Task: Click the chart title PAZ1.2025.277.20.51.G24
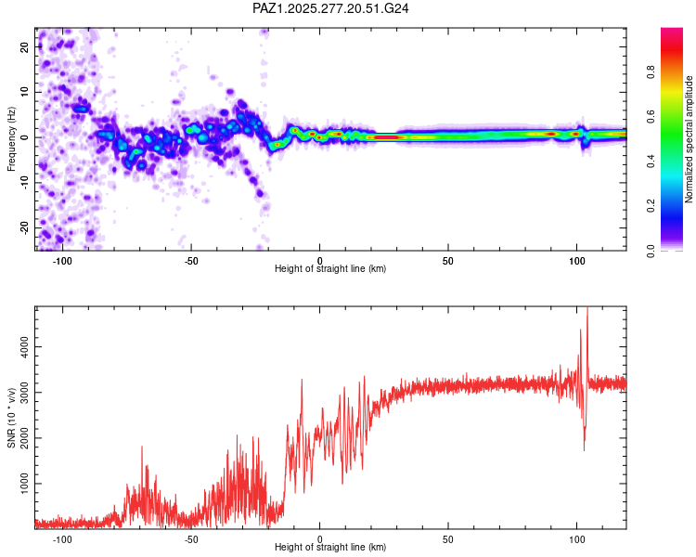(331, 8)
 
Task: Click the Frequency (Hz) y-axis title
(12, 139)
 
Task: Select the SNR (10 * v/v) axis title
(12, 417)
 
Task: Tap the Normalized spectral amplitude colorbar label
(689, 139)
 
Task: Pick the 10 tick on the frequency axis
(25, 92)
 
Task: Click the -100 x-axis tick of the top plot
(62, 261)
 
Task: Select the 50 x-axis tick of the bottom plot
(448, 539)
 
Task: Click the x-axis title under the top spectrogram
(330, 269)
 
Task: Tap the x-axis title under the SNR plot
(330, 548)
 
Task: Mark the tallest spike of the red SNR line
(586, 309)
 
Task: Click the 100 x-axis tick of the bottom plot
(576, 539)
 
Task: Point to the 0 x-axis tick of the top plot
(320, 261)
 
